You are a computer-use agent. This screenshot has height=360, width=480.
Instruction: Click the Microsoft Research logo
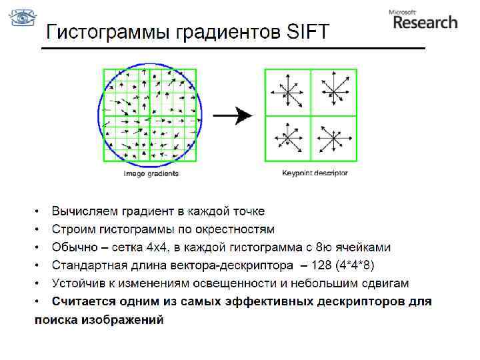423,19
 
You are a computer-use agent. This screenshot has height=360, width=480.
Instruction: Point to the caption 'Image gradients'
151,173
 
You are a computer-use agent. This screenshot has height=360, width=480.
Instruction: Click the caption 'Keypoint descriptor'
315,173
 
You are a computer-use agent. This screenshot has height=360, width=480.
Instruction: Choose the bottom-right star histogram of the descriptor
333,138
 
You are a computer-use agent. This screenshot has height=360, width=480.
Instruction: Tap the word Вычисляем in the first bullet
85,211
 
